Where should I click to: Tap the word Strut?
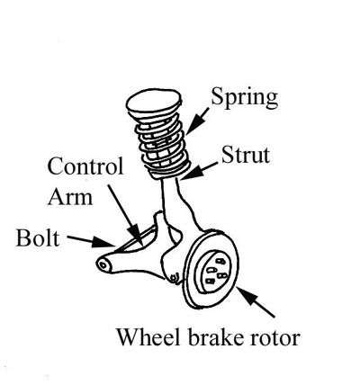(246, 155)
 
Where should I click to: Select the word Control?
(85, 166)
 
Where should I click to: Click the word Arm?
(70, 197)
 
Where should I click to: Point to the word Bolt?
(38, 237)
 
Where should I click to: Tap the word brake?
(216, 337)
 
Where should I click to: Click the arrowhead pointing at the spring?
(193, 125)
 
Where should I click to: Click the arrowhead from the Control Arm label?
(136, 235)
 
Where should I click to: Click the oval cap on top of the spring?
(154, 102)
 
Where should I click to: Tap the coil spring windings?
(163, 145)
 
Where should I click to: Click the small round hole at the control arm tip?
(103, 265)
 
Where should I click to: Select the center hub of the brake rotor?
(213, 271)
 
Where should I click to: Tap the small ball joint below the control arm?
(174, 278)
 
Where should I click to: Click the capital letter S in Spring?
(217, 95)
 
